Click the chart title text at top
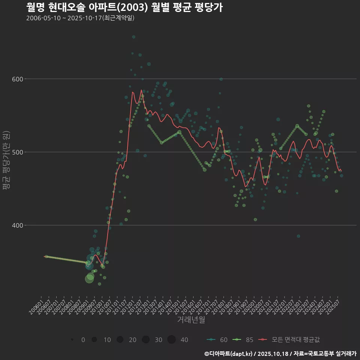tap(124, 7)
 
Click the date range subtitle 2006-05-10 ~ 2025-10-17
tap(80, 18)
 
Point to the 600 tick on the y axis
tap(18, 79)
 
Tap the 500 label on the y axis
tap(18, 152)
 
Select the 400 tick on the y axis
tap(18, 225)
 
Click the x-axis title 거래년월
tap(191, 320)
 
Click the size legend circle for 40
tap(171, 340)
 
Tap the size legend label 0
tap(83, 340)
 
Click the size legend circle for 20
tap(120, 340)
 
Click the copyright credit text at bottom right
tap(280, 354)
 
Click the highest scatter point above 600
tap(133, 37)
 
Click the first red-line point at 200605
tap(46, 256)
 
